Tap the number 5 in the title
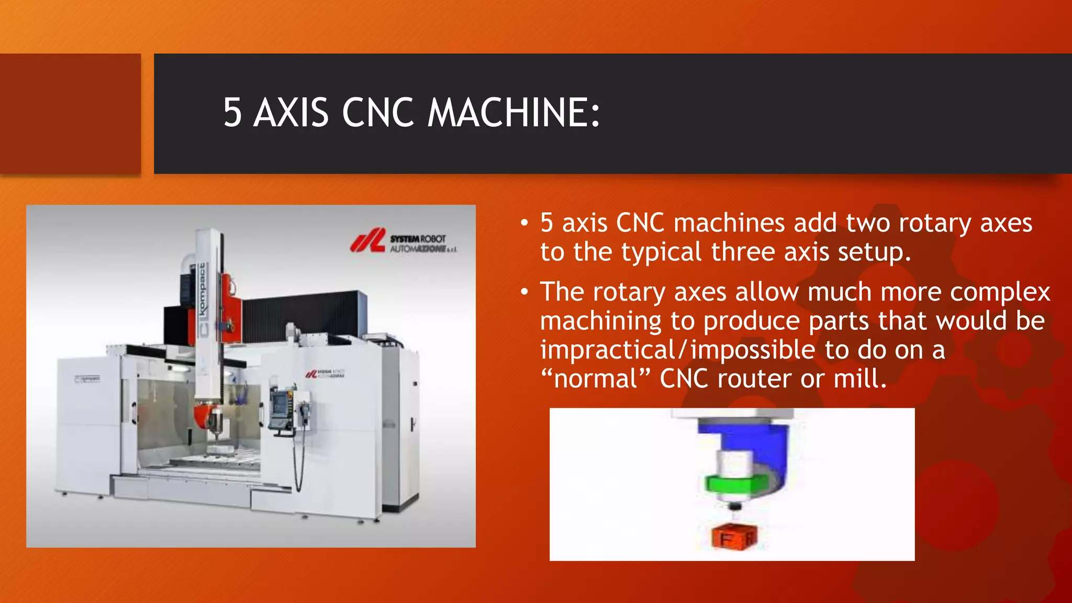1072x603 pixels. tap(232, 113)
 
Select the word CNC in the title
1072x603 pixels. tap(378, 113)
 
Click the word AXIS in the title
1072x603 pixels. tap(291, 113)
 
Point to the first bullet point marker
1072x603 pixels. tap(524, 224)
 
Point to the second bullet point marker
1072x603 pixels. tap(524, 293)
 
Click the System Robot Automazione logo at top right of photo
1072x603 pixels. tap(403, 242)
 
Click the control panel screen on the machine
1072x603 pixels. tap(279, 404)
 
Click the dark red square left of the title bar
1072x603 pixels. tap(70, 114)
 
